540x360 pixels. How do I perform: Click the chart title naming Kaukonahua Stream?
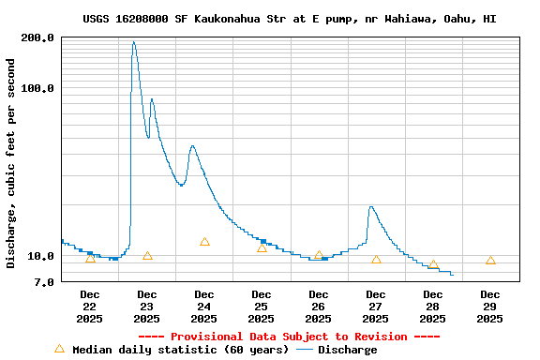coord(290,19)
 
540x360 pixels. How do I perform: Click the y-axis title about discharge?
coord(11,163)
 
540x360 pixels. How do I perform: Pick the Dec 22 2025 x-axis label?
coord(89,307)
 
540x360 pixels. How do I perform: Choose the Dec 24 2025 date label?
coord(204,307)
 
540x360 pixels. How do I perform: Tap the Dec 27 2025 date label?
coord(376,307)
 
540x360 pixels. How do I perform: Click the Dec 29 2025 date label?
coord(490,307)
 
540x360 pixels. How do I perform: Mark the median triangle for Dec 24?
coord(204,242)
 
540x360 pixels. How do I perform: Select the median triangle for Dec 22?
coord(90,258)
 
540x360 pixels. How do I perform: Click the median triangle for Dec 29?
coord(490,260)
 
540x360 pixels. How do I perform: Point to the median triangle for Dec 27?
coord(376,260)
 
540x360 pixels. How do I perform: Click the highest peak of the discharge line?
coord(134,42)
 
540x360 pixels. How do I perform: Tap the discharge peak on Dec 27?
coord(371,207)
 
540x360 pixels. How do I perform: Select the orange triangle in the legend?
coord(60,349)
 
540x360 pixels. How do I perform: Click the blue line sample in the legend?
coord(304,350)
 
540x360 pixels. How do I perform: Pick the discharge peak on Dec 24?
coord(192,146)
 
